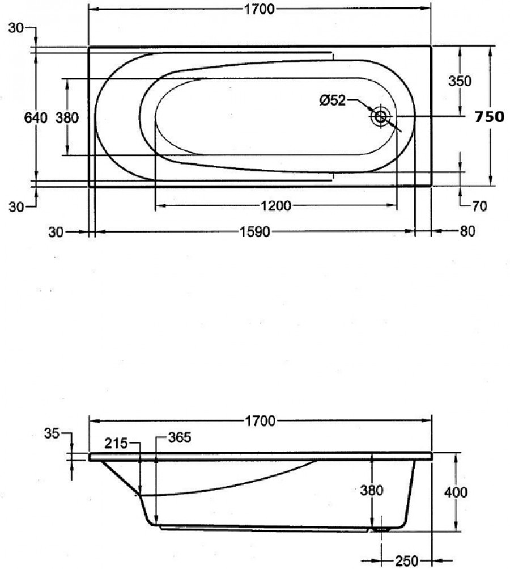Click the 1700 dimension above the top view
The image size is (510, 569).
point(259,9)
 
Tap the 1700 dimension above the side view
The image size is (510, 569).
point(260,421)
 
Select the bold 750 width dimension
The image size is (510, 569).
point(490,117)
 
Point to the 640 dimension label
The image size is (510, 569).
point(36,117)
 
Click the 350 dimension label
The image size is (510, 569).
point(460,81)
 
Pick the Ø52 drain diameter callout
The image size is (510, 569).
point(333,100)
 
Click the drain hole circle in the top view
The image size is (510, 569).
point(381,116)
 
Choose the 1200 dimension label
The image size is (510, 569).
point(276,206)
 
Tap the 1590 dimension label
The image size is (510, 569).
point(255,231)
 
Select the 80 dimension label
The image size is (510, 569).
point(467,231)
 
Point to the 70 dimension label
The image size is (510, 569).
point(479,206)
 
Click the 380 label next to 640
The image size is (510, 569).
point(67,117)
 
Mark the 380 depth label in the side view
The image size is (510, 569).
point(372,490)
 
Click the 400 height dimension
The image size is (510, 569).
point(456,492)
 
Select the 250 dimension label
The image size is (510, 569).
point(406,561)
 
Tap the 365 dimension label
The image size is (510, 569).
point(180,437)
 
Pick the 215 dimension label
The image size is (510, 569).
point(116,443)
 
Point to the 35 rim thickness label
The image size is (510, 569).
point(52,433)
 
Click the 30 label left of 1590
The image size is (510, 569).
point(56,231)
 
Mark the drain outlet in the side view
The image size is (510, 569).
point(381,529)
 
